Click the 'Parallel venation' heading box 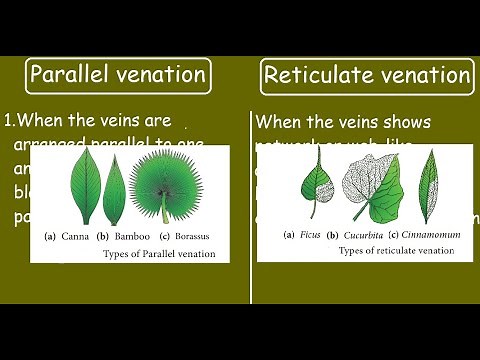(x=118, y=74)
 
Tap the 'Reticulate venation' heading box (x=366, y=75)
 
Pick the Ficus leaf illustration (x=317, y=185)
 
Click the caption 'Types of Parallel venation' (x=159, y=253)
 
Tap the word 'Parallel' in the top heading (x=73, y=74)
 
